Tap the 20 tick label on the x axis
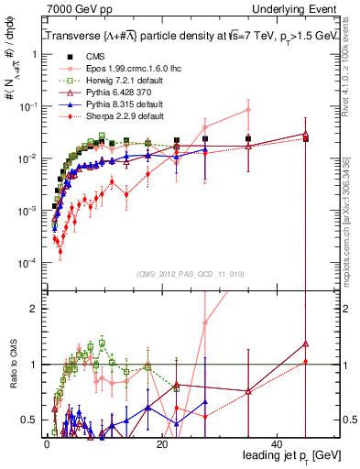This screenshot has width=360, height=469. point(162,443)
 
